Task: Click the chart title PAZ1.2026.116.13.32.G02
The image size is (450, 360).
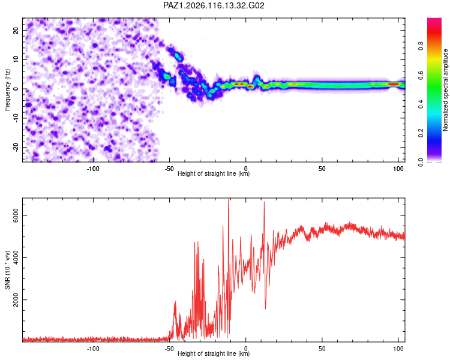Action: pyautogui.click(x=214, y=5)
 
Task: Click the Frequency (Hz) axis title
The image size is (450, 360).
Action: pyautogui.click(x=7, y=90)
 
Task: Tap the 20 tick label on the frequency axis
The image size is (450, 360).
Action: pyautogui.click(x=16, y=30)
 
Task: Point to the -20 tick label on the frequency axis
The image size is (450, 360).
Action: pyautogui.click(x=16, y=147)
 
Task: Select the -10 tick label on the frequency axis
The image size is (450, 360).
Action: pyautogui.click(x=16, y=118)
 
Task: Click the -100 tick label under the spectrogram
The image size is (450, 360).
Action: pyautogui.click(x=92, y=169)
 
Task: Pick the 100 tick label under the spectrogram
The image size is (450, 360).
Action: pyautogui.click(x=398, y=169)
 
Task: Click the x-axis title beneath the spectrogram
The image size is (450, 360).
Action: pyautogui.click(x=214, y=173)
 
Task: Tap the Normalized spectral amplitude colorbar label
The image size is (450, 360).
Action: pyautogui.click(x=445, y=90)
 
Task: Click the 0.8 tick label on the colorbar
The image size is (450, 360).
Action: pyautogui.click(x=421, y=46)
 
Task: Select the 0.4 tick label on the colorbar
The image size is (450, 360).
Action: pyautogui.click(x=421, y=104)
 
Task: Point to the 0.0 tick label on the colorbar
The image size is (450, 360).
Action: pyautogui.click(x=421, y=162)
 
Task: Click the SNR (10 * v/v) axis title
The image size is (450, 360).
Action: pyautogui.click(x=7, y=270)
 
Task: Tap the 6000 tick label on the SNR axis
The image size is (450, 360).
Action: pyautogui.click(x=16, y=215)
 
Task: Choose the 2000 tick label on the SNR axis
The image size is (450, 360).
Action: pyautogui.click(x=16, y=300)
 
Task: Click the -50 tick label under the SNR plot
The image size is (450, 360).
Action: pyautogui.click(x=169, y=349)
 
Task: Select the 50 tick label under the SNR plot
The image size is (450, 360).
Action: pyautogui.click(x=322, y=349)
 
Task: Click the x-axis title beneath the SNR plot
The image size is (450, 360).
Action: pyautogui.click(x=214, y=353)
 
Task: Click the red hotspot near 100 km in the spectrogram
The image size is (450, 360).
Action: pyautogui.click(x=394, y=84)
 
